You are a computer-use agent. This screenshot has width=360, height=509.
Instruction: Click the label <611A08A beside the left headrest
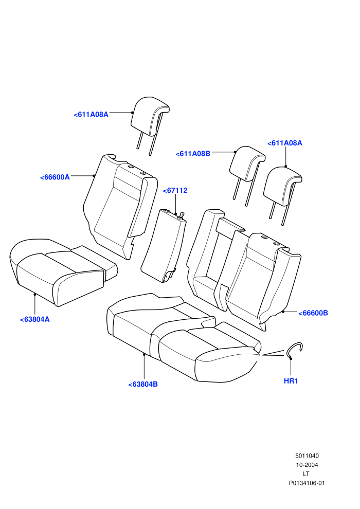(91, 114)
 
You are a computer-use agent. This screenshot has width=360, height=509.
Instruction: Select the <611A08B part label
(193, 154)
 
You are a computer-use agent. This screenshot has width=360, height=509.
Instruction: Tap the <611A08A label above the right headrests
(285, 143)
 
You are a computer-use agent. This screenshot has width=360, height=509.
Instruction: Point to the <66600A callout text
(55, 177)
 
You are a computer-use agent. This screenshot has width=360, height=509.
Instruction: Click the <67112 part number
(175, 191)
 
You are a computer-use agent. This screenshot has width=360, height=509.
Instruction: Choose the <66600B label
(313, 313)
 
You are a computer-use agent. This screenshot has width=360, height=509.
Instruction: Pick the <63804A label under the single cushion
(35, 319)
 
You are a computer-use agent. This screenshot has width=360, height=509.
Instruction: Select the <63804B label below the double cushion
(143, 385)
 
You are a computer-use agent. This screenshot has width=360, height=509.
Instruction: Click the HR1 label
(291, 381)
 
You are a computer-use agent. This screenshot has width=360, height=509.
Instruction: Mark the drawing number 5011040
(307, 456)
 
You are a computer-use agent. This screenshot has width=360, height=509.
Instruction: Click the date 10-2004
(307, 465)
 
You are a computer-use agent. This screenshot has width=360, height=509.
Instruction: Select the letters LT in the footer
(306, 474)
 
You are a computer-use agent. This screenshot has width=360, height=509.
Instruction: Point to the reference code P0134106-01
(307, 483)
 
